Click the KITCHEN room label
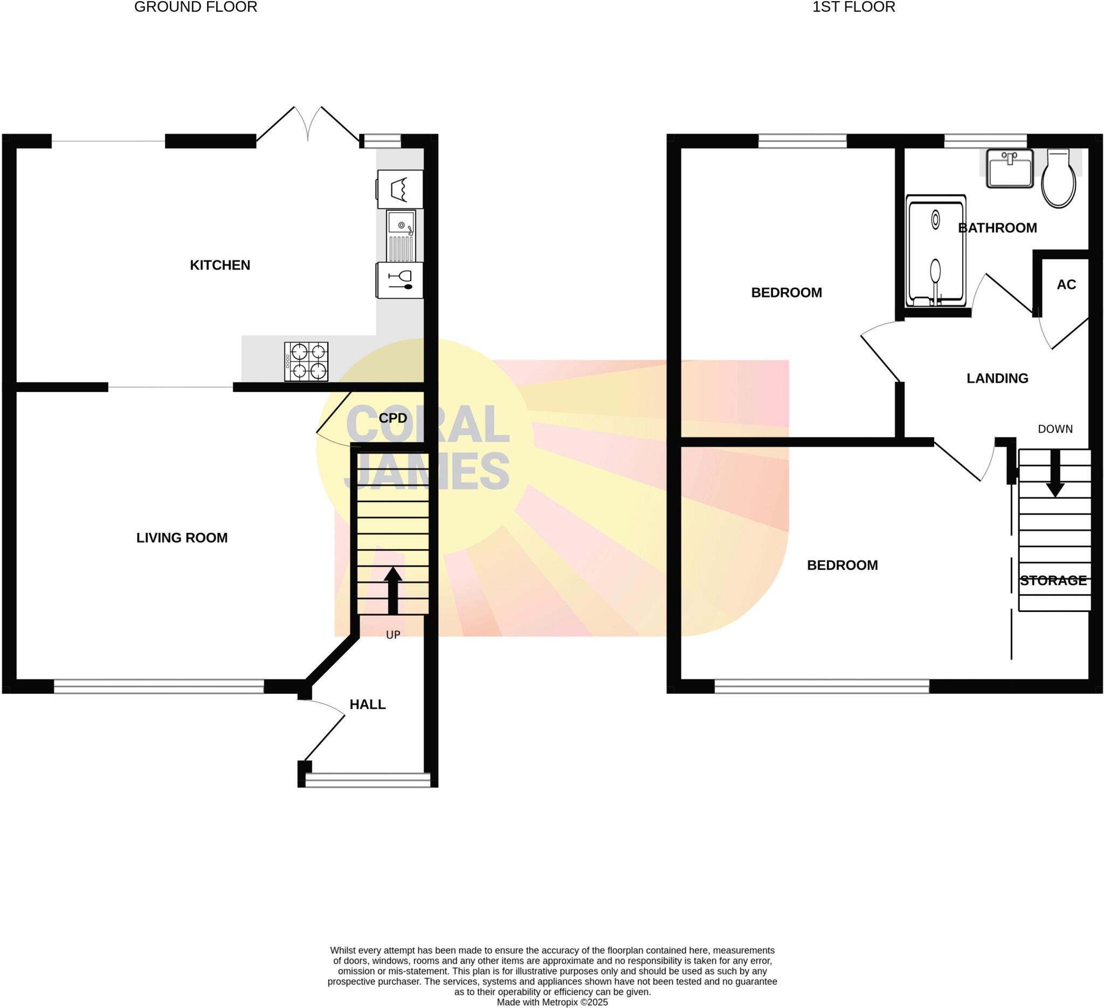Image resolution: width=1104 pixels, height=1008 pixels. click(x=219, y=265)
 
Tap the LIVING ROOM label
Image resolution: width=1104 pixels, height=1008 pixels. click(x=182, y=538)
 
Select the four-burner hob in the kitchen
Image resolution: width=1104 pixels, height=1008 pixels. click(x=306, y=361)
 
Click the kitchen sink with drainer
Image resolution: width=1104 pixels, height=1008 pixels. click(x=401, y=236)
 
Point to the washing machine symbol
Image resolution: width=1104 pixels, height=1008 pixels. click(x=401, y=189)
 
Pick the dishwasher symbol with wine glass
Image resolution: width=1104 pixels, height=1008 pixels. click(x=401, y=280)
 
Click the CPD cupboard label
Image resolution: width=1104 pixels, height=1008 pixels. click(x=392, y=418)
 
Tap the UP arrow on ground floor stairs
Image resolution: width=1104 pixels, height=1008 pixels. click(x=392, y=590)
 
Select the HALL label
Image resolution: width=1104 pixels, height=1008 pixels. click(x=368, y=704)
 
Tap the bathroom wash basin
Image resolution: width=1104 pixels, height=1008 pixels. click(x=1010, y=169)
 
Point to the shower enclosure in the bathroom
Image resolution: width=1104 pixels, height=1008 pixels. click(x=935, y=251)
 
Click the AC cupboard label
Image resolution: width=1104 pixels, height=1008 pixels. click(x=1066, y=284)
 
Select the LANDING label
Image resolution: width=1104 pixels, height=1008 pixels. click(x=997, y=378)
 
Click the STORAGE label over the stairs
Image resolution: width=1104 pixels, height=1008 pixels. click(x=1053, y=581)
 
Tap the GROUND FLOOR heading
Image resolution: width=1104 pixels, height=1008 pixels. click(x=196, y=7)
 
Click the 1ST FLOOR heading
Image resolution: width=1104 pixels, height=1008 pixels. click(x=853, y=7)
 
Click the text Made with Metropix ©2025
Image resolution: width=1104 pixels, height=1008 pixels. click(x=552, y=1002)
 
